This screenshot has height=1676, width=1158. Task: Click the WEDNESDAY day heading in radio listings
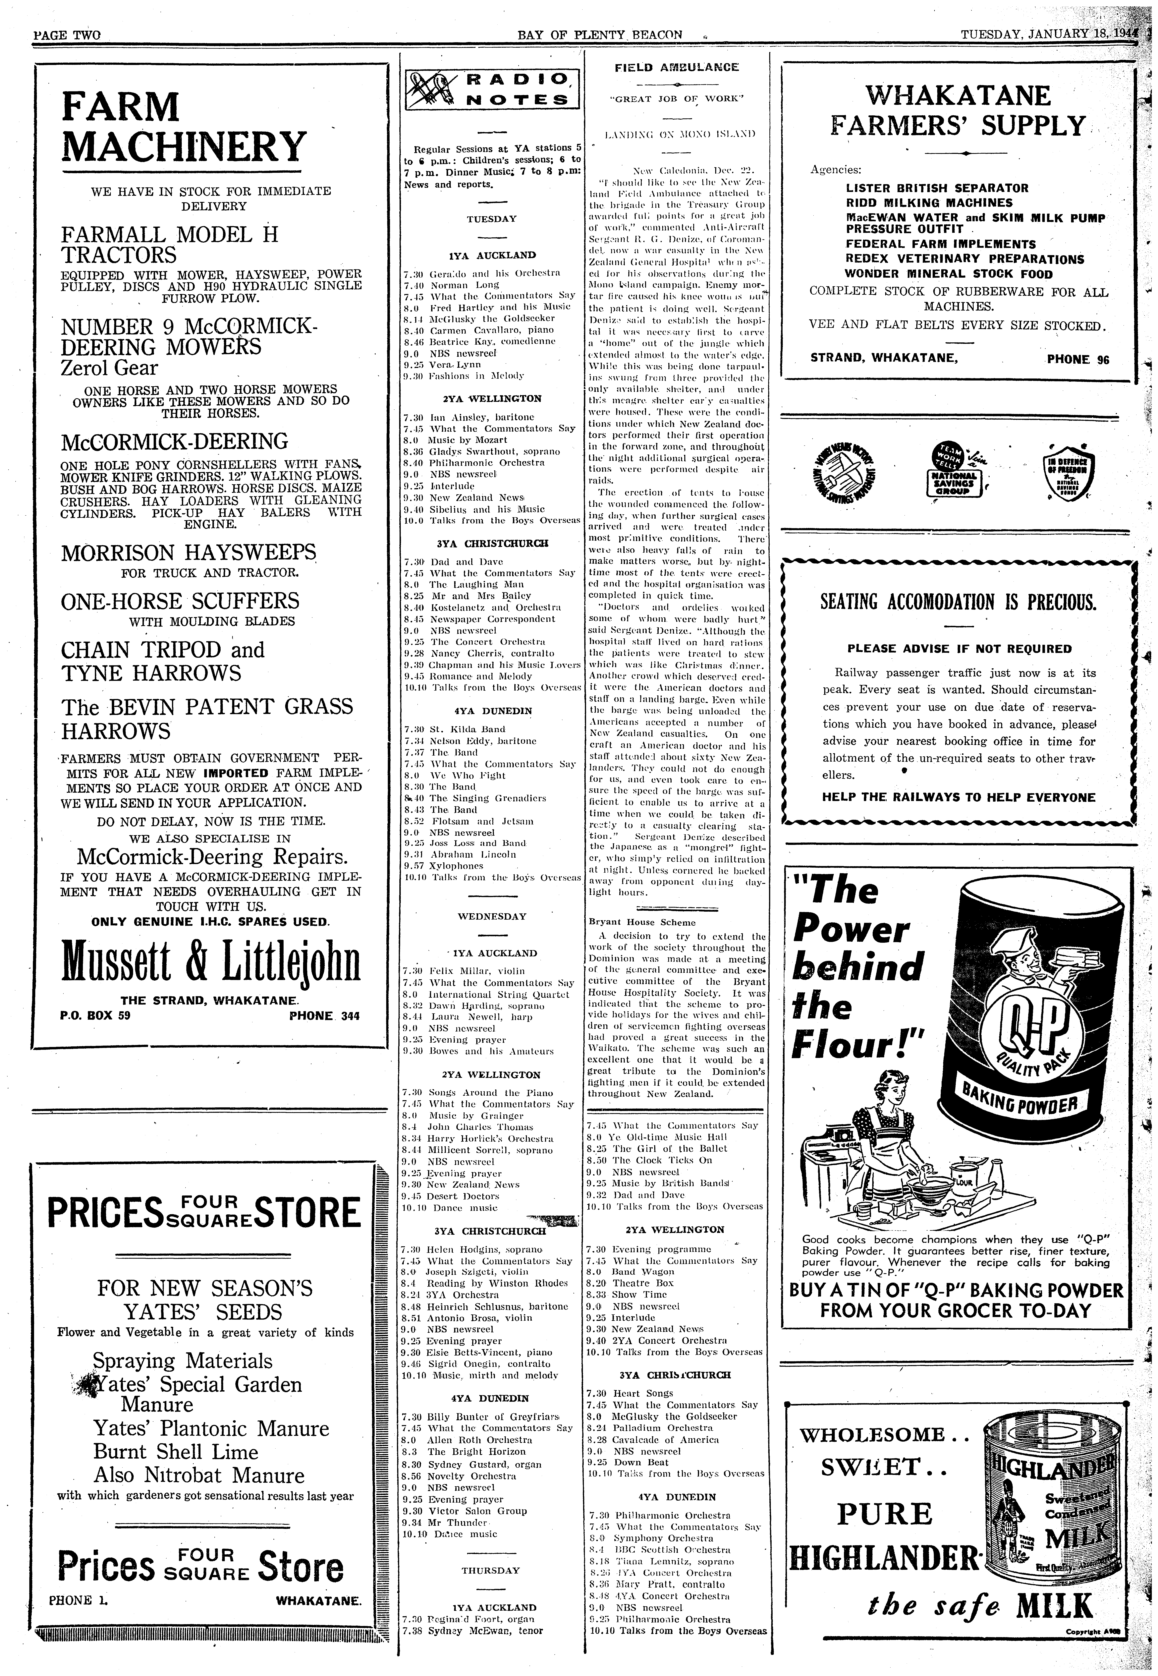pyautogui.click(x=491, y=916)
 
